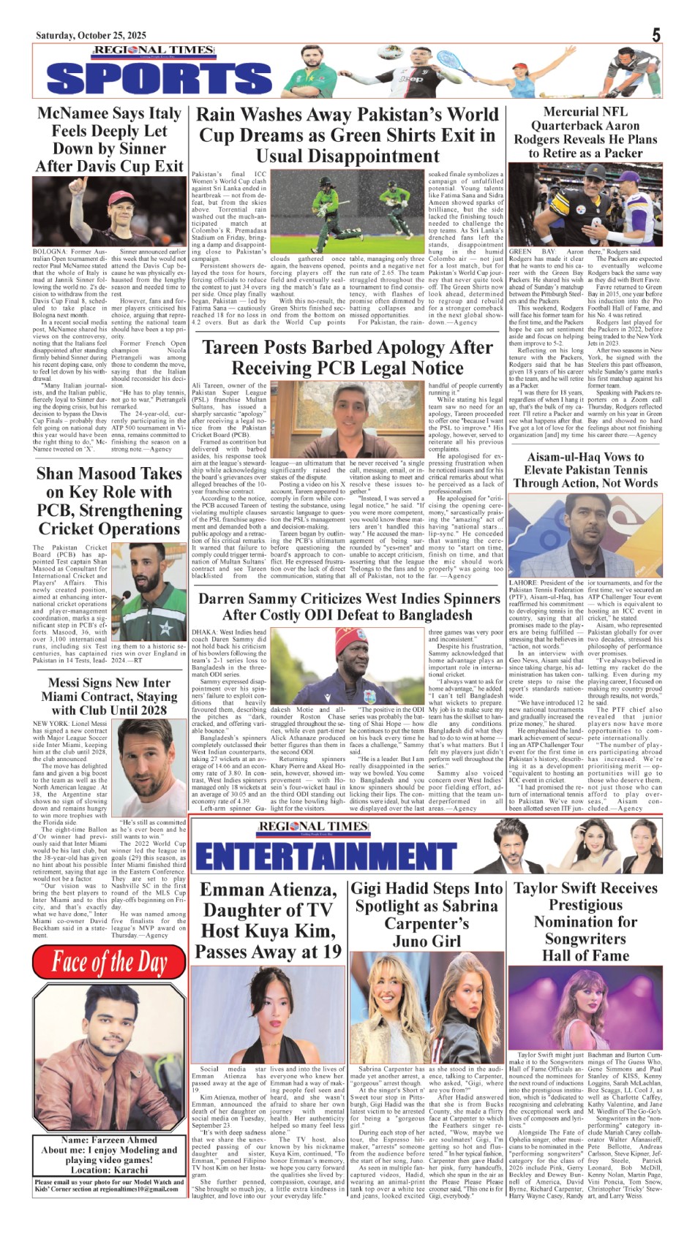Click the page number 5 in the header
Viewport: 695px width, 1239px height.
point(656,34)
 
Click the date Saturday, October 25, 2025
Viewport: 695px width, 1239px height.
point(91,35)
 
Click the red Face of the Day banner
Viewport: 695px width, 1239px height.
point(110,962)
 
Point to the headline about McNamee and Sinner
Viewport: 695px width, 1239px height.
point(109,140)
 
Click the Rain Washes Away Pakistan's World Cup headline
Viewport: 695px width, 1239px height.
point(347,135)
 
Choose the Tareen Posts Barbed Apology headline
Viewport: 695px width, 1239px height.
point(347,357)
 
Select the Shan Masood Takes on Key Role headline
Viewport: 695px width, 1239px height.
point(109,501)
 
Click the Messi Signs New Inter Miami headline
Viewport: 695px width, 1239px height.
point(109,697)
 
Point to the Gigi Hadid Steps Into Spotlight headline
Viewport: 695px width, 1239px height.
point(426,914)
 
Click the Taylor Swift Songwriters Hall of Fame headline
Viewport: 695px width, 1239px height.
point(585,921)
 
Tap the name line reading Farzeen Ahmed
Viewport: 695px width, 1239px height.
point(109,1140)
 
